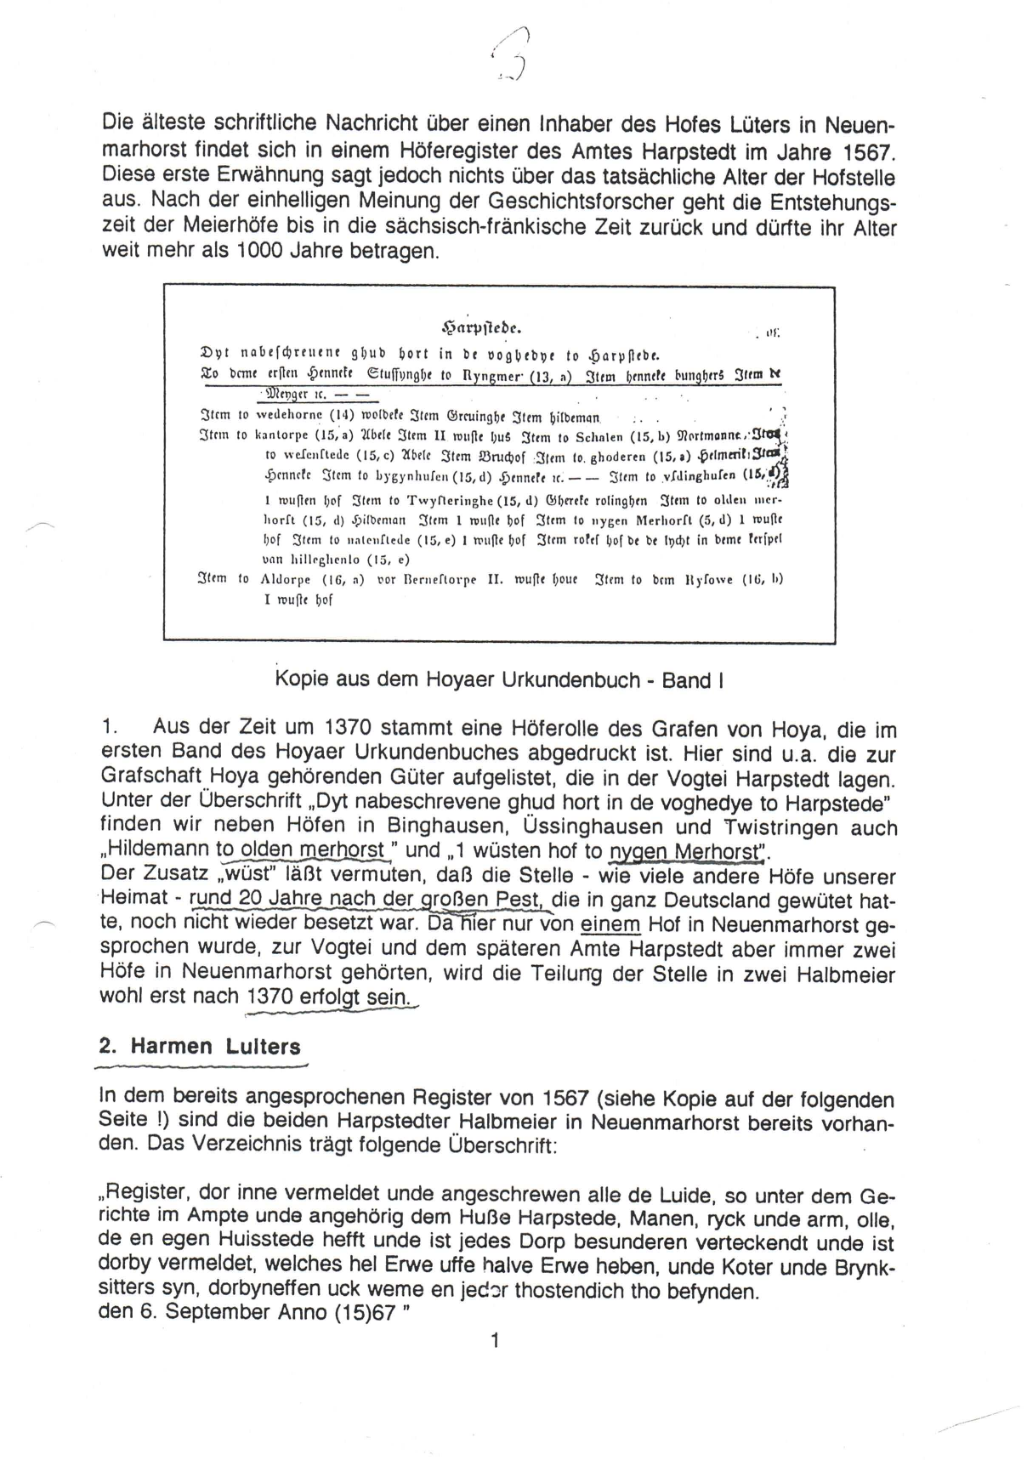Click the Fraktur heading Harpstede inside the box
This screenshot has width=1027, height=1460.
tap(481, 327)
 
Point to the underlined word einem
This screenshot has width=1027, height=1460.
tap(610, 924)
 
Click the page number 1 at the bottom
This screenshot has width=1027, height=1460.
tap(495, 1341)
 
